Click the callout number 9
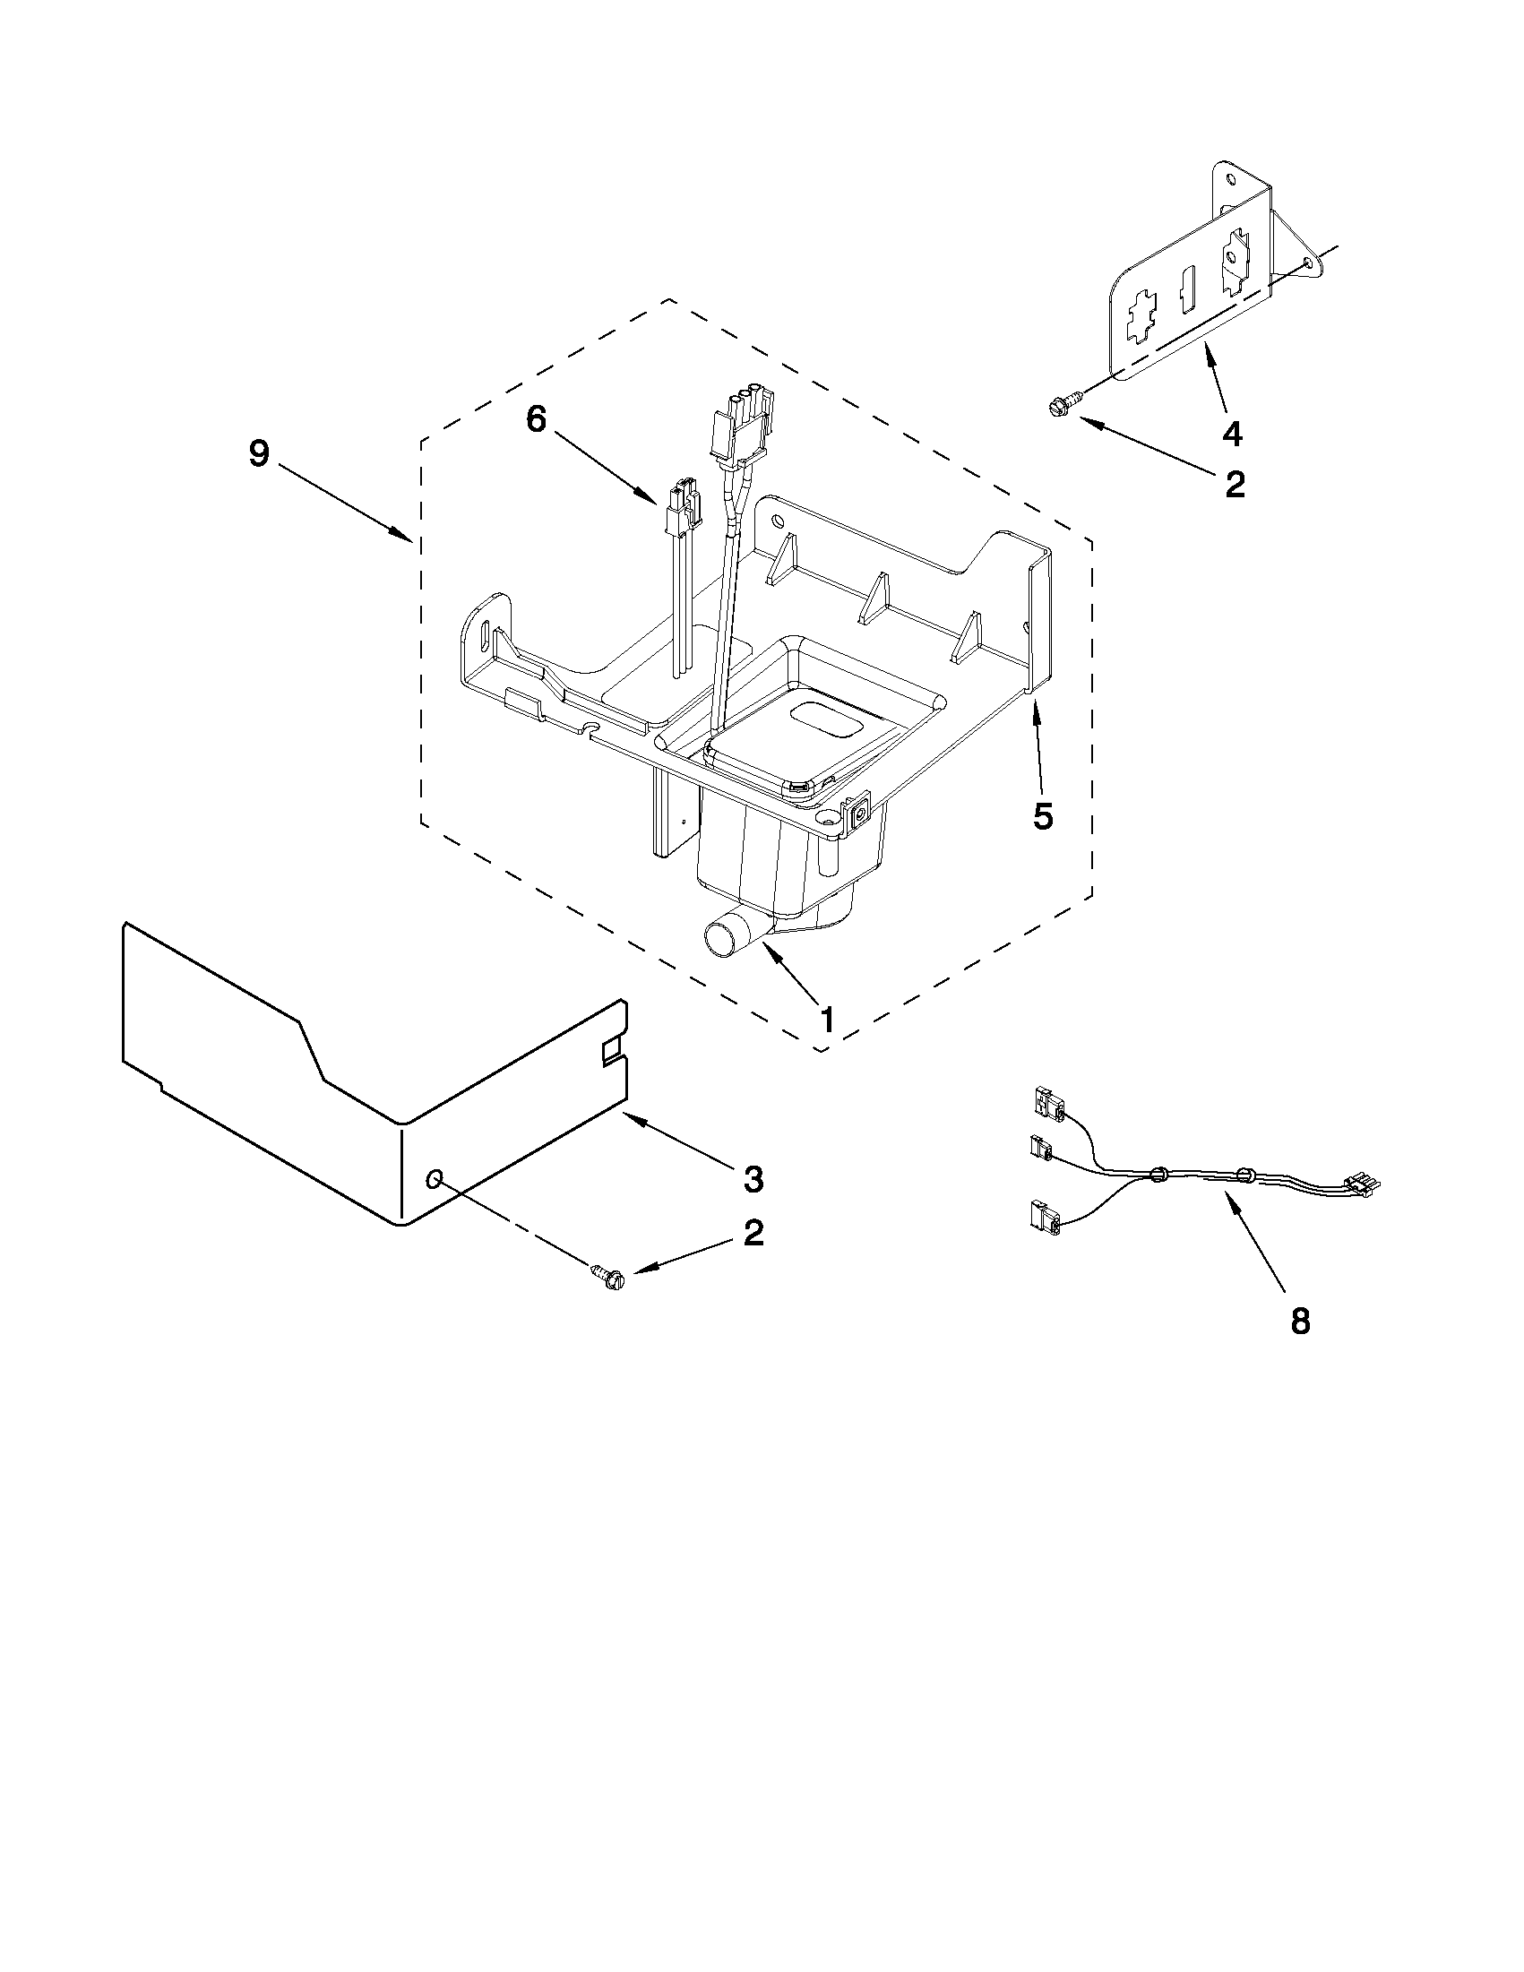pyautogui.click(x=259, y=453)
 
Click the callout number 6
pyautogui.click(x=537, y=419)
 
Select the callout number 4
pyautogui.click(x=1232, y=435)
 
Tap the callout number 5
pyautogui.click(x=1043, y=816)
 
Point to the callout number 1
pyautogui.click(x=826, y=1020)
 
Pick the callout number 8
pyautogui.click(x=1299, y=1322)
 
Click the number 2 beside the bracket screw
pyautogui.click(x=1235, y=485)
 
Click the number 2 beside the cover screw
pyautogui.click(x=753, y=1234)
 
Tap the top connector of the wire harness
pyautogui.click(x=1044, y=1103)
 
